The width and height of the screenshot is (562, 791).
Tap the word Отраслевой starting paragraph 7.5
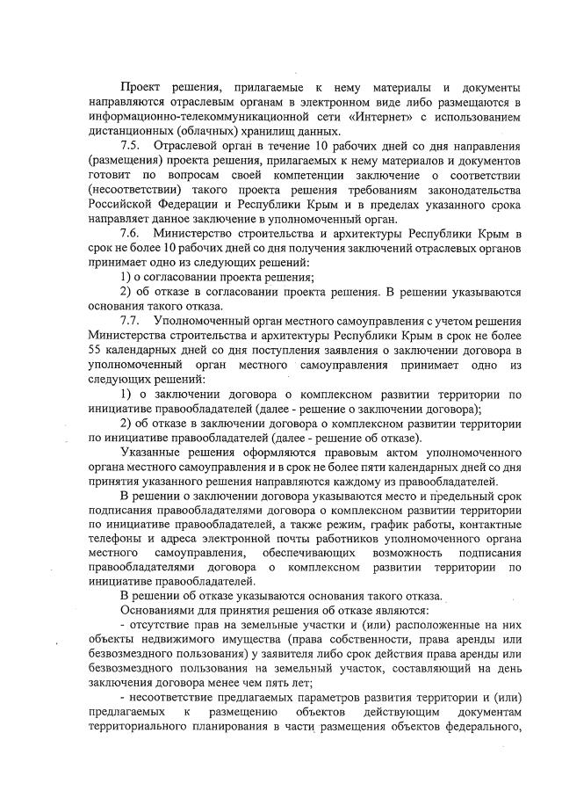(x=187, y=143)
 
